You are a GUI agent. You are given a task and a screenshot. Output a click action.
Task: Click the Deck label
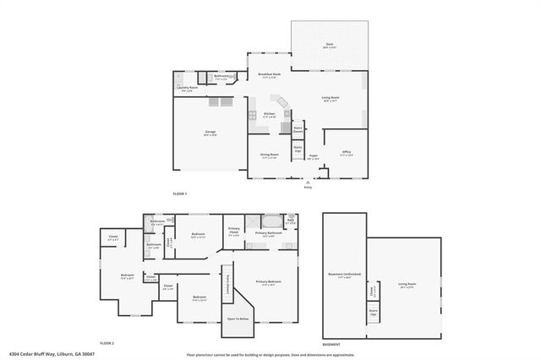click(329, 45)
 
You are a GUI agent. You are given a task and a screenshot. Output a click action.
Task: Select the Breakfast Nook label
click(270, 75)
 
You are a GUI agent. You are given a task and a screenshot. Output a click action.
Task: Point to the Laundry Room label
click(188, 88)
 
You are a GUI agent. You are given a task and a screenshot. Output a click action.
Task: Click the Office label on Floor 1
click(346, 152)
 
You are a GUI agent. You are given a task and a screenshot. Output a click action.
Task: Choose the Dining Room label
click(269, 155)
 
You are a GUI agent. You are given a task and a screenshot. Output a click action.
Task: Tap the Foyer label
click(313, 156)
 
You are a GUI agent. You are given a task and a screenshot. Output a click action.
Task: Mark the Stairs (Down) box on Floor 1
click(298, 131)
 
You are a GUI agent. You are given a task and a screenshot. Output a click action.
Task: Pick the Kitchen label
click(270, 114)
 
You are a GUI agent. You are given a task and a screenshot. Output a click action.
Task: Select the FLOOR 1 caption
click(179, 194)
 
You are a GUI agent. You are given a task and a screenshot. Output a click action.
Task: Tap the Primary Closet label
click(234, 231)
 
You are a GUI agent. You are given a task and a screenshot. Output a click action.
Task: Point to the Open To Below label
click(238, 319)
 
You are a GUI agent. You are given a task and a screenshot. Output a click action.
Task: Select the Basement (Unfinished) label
click(344, 275)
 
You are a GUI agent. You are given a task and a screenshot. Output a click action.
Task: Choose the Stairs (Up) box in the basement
click(373, 312)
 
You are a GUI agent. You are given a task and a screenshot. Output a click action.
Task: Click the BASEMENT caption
click(331, 345)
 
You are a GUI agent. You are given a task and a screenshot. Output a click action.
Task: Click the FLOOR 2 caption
click(107, 343)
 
